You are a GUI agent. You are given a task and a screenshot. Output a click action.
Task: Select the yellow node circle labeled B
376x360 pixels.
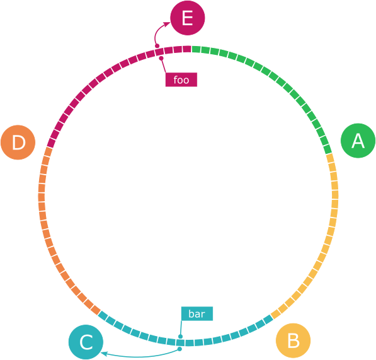point(293,341)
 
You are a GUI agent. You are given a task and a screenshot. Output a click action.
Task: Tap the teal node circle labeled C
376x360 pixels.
point(86,342)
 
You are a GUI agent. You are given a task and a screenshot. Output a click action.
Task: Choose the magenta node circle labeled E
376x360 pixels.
point(186,18)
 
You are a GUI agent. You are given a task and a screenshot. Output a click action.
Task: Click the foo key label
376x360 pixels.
point(181,79)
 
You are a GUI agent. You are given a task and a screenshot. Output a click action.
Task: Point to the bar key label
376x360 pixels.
point(197,313)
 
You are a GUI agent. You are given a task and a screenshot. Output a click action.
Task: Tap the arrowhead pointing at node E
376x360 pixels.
point(167,23)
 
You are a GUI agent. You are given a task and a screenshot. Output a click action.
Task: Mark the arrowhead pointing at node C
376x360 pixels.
point(105,354)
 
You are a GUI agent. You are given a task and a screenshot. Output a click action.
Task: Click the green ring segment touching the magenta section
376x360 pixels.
point(196,49)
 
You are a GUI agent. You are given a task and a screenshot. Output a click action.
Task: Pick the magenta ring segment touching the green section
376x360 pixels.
point(186,49)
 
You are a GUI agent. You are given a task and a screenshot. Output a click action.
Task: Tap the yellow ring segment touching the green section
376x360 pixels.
point(330,158)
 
